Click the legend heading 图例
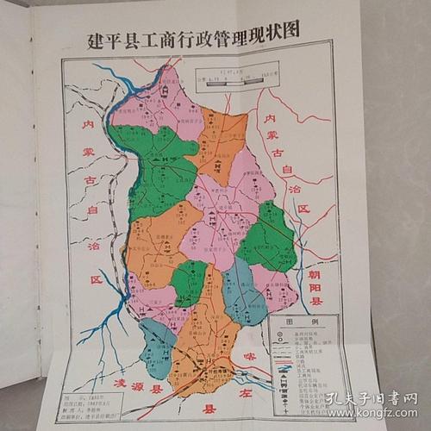point(305,322)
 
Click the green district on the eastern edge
point(268,237)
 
